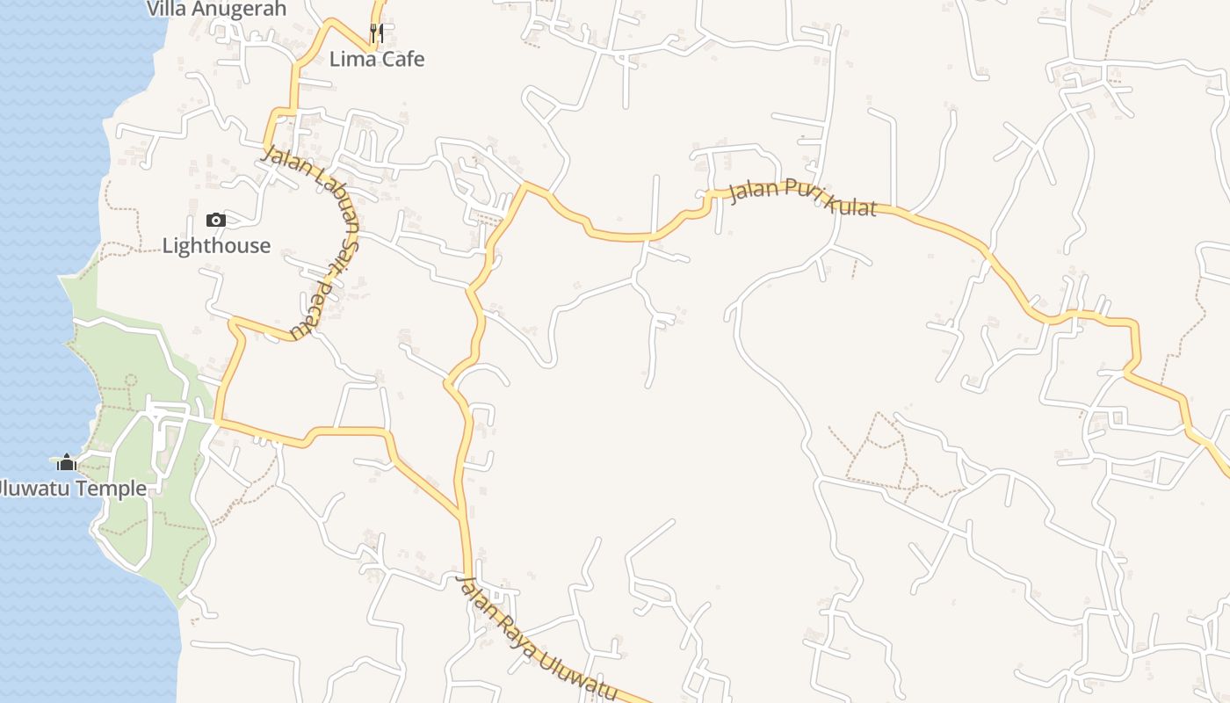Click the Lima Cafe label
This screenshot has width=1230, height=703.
(377, 59)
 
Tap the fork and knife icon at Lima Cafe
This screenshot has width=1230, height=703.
(377, 33)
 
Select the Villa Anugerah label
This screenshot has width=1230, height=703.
(216, 9)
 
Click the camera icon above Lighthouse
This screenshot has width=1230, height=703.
(215, 220)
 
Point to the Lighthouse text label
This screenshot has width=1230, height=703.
(216, 245)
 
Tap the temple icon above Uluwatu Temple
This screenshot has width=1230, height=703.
(67, 462)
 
